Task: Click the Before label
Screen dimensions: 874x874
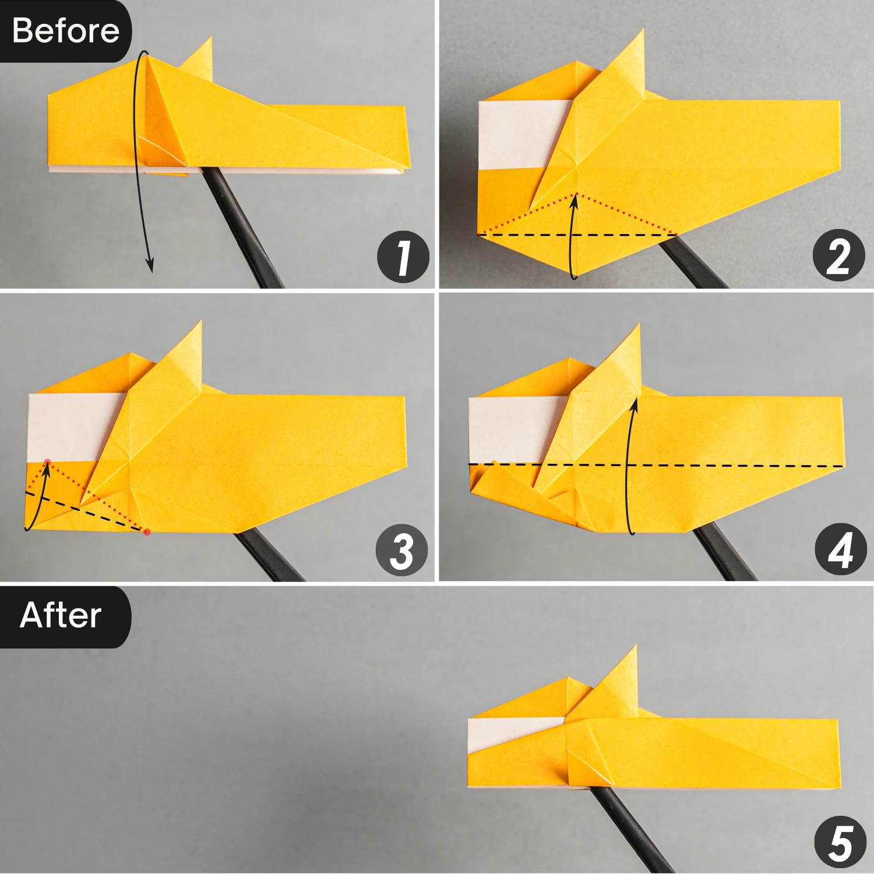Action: pyautogui.click(x=65, y=30)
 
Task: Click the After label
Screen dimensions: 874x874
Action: pyautogui.click(x=61, y=615)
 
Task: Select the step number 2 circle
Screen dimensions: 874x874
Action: pyautogui.click(x=838, y=256)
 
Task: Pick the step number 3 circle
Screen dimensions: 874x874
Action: pyautogui.click(x=402, y=551)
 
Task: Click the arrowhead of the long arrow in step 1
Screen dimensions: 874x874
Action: pyautogui.click(x=150, y=267)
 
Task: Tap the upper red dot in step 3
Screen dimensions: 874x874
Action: pyautogui.click(x=48, y=463)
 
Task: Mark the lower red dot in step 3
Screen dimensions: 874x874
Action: pyautogui.click(x=147, y=531)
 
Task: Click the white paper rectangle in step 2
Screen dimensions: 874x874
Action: pyautogui.click(x=521, y=134)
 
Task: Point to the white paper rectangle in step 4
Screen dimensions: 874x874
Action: pyautogui.click(x=513, y=428)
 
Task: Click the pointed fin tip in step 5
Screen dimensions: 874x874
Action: pyautogui.click(x=635, y=648)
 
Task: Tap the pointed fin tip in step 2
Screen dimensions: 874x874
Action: pyautogui.click(x=642, y=31)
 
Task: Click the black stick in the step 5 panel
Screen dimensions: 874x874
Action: pyautogui.click(x=629, y=827)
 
